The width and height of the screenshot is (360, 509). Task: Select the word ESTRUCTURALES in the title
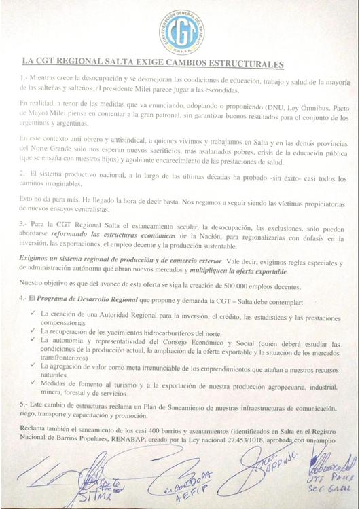(241, 64)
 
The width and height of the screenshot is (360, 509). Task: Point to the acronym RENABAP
(159, 449)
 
